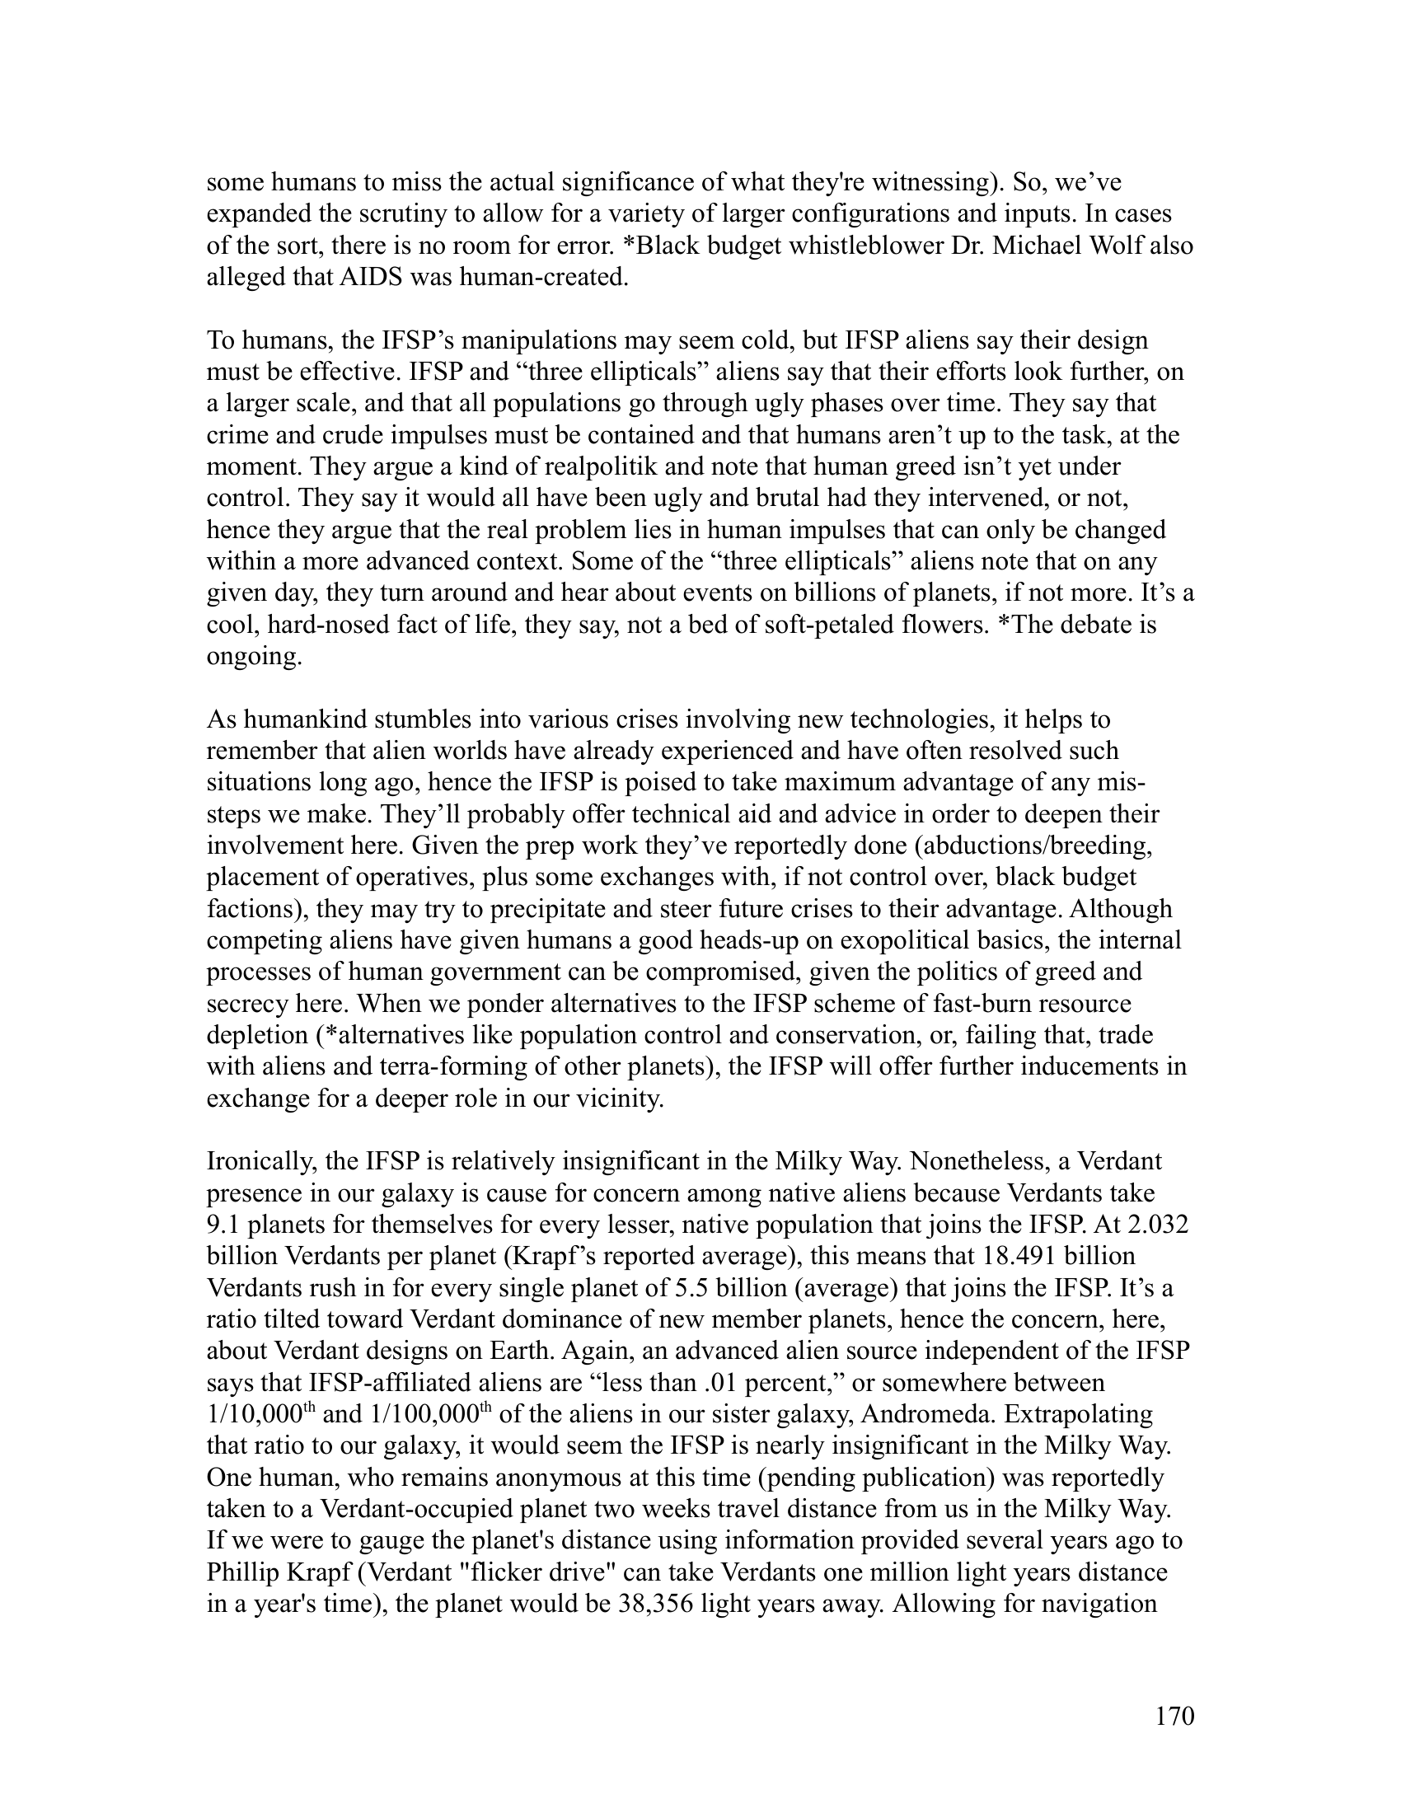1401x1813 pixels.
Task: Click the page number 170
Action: click(1174, 1716)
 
